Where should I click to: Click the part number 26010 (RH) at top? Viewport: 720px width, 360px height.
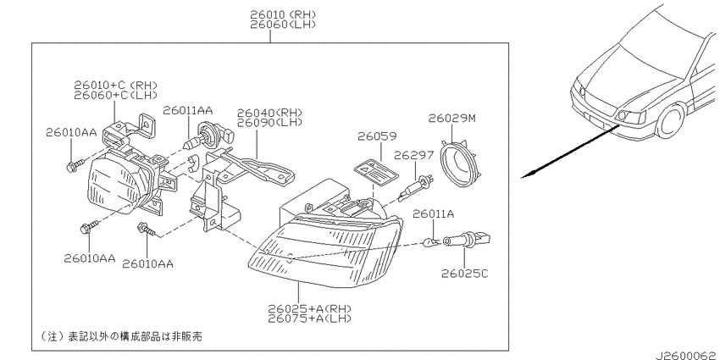283,14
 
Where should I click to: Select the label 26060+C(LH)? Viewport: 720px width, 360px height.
115,95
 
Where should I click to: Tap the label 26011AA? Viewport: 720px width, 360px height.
188,110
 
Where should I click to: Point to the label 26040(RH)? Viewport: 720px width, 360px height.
269,113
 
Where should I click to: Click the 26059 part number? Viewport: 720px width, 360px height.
377,136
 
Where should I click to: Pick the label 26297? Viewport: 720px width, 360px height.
413,155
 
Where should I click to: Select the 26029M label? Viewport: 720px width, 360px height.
451,118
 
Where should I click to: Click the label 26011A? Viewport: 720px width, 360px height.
433,213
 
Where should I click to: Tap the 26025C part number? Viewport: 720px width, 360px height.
465,274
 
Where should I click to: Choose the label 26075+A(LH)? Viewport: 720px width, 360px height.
310,318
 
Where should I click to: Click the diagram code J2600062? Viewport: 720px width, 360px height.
687,356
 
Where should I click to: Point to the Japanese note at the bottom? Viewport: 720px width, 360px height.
121,336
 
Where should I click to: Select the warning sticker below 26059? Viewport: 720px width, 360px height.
375,174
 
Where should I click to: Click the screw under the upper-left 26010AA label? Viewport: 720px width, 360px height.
75,165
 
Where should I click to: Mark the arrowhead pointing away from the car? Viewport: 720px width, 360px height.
528,174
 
